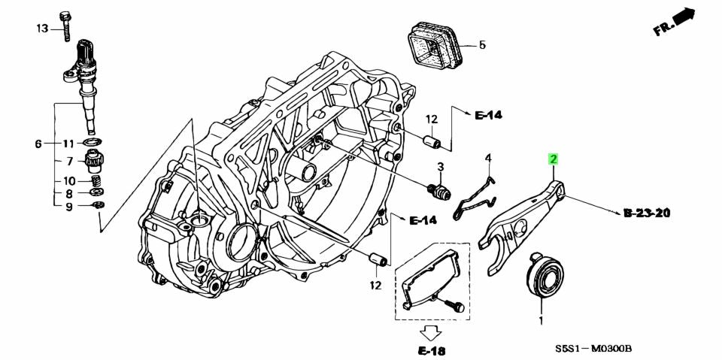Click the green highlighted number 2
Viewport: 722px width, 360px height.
click(x=554, y=159)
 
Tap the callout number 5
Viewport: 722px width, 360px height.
click(x=482, y=45)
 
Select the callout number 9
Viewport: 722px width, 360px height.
click(x=69, y=207)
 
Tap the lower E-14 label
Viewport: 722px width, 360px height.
click(x=423, y=220)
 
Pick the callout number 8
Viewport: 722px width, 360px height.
click(x=69, y=193)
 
